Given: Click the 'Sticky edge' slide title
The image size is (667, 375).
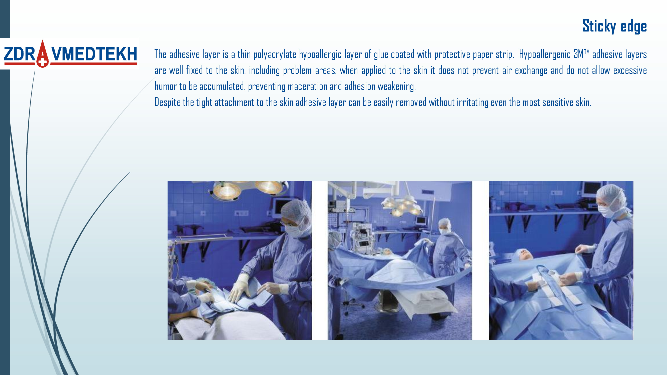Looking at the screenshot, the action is pyautogui.click(x=614, y=26).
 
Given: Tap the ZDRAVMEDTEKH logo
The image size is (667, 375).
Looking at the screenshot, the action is pyautogui.click(x=70, y=54).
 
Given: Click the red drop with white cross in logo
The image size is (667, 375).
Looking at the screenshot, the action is pyautogui.click(x=43, y=54).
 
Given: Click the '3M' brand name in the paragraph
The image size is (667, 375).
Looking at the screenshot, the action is pyautogui.click(x=578, y=54).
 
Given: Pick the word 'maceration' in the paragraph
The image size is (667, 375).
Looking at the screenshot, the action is pyautogui.click(x=307, y=86).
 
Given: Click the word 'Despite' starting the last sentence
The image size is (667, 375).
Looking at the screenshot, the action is pyautogui.click(x=168, y=102).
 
